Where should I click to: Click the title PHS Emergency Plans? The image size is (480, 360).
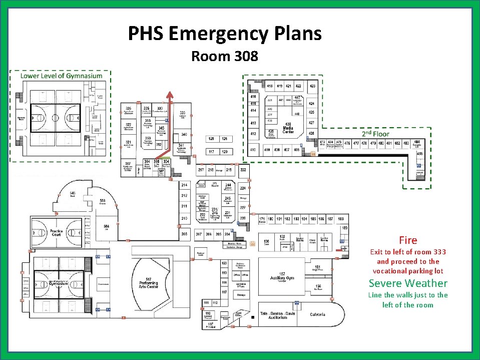(225, 34)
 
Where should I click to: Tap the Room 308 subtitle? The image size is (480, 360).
(225, 56)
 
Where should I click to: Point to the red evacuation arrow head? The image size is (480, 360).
(171, 95)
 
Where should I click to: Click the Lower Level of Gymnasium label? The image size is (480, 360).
(61, 76)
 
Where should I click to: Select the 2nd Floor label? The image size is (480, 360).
(375, 134)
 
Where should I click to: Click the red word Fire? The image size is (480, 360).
(408, 240)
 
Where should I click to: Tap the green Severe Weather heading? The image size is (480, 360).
(408, 283)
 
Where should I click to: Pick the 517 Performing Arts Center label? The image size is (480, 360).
(149, 282)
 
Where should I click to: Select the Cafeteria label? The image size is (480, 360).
(317, 314)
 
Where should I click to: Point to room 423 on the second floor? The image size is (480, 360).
(312, 86)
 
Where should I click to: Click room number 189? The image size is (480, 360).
(344, 228)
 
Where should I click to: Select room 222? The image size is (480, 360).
(243, 170)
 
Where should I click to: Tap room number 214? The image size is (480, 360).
(184, 185)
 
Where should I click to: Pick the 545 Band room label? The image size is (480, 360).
(73, 193)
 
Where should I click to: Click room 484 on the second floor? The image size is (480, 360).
(416, 144)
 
